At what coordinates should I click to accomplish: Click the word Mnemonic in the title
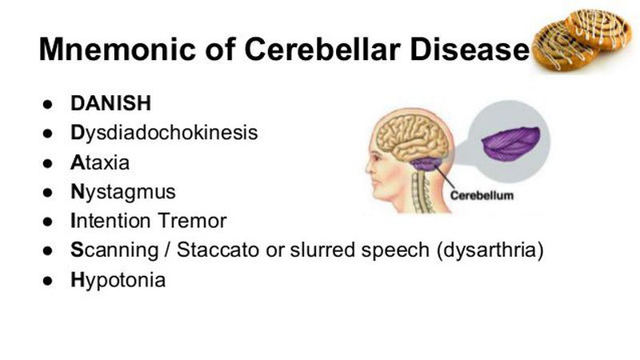click(x=117, y=49)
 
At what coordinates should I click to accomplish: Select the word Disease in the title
click(x=469, y=49)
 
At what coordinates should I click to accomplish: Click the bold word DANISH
click(x=110, y=103)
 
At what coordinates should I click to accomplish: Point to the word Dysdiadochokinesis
click(x=164, y=133)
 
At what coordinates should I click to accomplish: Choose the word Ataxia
click(x=100, y=162)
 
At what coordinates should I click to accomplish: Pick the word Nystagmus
click(x=123, y=192)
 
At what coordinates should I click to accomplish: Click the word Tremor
click(x=192, y=221)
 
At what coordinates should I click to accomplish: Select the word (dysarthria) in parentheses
click(x=490, y=250)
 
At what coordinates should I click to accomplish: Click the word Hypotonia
click(x=118, y=281)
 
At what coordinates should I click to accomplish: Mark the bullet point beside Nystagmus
click(x=48, y=192)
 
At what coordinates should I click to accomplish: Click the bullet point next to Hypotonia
click(x=48, y=281)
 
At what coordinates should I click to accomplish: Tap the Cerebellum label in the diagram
click(x=482, y=195)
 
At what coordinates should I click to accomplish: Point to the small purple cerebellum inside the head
click(x=426, y=164)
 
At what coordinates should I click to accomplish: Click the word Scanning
click(x=114, y=250)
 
